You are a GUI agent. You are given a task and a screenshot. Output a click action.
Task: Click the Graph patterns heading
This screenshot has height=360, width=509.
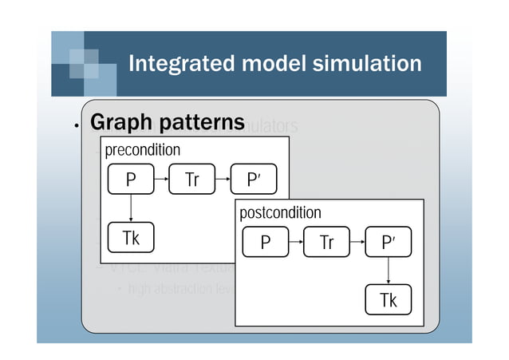point(167,123)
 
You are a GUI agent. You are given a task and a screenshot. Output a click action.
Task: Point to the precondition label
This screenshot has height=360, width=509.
point(143,150)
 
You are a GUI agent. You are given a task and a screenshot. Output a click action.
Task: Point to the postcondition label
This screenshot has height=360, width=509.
point(280,212)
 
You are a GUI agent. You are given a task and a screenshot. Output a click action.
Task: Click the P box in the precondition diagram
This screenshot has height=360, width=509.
point(131,180)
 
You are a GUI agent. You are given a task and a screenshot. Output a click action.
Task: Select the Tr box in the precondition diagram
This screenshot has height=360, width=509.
point(192,180)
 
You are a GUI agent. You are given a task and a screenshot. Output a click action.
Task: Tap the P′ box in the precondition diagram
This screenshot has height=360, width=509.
point(253,180)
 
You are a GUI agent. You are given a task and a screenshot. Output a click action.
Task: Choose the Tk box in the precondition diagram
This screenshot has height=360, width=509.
point(131,237)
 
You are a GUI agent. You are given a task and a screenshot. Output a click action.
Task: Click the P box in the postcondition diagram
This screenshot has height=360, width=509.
point(266,242)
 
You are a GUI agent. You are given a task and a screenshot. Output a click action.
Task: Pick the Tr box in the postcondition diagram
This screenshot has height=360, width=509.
point(327,242)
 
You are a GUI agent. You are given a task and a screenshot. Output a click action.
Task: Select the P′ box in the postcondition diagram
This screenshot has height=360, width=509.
point(388,242)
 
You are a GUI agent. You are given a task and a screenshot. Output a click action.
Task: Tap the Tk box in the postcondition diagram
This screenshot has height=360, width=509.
point(388,299)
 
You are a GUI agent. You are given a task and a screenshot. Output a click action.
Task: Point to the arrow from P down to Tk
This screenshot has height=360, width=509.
point(131,208)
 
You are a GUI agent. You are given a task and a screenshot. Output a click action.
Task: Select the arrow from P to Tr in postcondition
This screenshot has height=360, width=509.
point(296,242)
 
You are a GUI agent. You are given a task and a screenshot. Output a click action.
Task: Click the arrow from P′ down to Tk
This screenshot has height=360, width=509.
point(388,271)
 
